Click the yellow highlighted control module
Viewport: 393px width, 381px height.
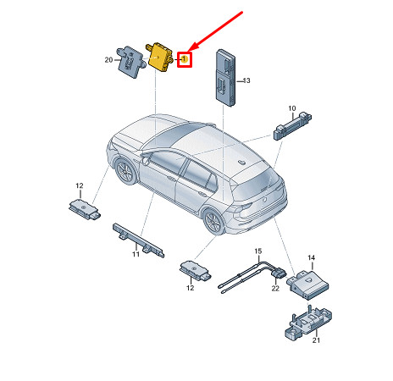pos(159,58)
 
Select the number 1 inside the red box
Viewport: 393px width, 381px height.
pos(184,59)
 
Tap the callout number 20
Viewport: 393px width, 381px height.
pos(108,60)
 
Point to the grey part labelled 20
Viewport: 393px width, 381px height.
pos(130,62)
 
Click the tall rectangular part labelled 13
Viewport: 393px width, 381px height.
pos(225,78)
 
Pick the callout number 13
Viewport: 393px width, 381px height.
pos(246,80)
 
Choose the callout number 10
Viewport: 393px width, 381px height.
pos(292,108)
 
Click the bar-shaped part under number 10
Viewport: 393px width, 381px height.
pos(292,125)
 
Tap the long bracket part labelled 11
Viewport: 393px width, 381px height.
pos(138,240)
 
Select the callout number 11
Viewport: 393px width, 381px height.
pos(136,254)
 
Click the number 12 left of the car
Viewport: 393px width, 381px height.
pos(80,185)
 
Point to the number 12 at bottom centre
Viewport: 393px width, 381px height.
pos(191,288)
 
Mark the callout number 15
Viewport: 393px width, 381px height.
pos(258,251)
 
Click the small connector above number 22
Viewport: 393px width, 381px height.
pos(279,273)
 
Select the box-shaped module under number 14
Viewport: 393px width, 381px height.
pos(307,284)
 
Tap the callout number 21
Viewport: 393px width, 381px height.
pos(316,340)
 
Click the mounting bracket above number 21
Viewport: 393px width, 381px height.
pos(308,323)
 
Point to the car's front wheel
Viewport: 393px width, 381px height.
pos(125,171)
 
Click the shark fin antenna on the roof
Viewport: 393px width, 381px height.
pos(241,162)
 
